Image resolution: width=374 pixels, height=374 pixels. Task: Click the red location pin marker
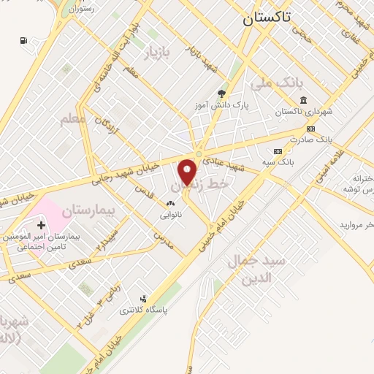pyautogui.click(x=188, y=172)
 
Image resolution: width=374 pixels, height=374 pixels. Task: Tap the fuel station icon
pyautogui.click(x=24, y=40)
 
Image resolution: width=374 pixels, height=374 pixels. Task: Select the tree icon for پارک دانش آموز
pyautogui.click(x=221, y=93)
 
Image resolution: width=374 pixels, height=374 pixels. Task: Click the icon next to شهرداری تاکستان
pyautogui.click(x=302, y=100)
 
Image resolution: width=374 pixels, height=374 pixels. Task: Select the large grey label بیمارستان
pyautogui.click(x=89, y=210)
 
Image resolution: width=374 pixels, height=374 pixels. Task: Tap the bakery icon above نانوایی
pyautogui.click(x=171, y=204)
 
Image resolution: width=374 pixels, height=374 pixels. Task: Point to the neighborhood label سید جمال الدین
pyautogui.click(x=248, y=269)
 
